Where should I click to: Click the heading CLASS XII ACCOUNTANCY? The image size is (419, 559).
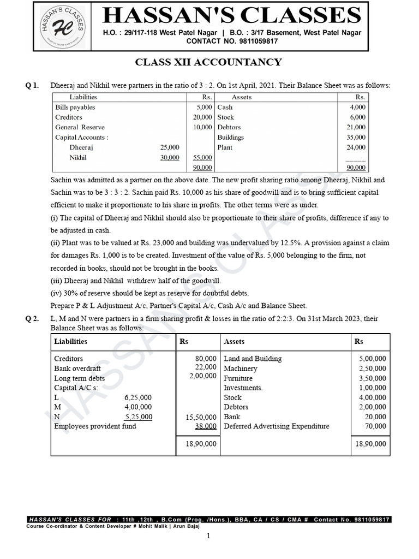(208, 62)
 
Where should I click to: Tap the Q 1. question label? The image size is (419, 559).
(33, 86)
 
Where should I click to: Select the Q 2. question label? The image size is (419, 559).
(33, 319)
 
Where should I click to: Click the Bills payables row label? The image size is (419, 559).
(75, 108)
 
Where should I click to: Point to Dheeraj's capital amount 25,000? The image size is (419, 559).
(170, 147)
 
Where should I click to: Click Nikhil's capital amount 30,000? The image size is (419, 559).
(170, 158)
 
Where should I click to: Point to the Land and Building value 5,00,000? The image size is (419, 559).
(372, 359)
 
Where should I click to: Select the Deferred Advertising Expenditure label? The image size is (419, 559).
(277, 426)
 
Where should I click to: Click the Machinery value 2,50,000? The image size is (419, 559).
(372, 368)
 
